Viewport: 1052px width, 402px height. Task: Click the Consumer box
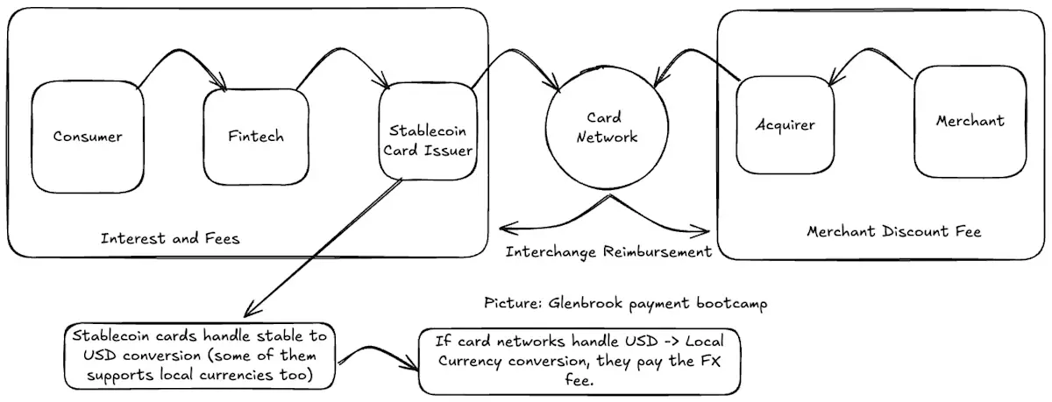88,137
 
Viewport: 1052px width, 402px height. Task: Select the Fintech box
256,137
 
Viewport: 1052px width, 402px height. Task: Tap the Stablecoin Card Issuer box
428,131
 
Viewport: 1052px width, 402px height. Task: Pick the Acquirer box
785,125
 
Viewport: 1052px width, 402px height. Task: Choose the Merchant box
970,122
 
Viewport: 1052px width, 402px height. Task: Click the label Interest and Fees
170,238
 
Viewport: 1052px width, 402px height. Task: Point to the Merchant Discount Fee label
893,231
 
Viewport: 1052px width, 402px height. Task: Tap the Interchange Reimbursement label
608,252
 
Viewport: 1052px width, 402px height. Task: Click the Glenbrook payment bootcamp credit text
626,303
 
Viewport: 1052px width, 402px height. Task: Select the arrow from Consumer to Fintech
179,50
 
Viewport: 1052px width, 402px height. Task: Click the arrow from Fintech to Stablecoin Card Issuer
340,48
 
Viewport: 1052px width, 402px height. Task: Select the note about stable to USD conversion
200,356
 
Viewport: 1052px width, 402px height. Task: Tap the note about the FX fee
579,361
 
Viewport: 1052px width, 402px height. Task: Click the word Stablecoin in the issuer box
428,130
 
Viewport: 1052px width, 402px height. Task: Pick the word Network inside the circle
607,137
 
